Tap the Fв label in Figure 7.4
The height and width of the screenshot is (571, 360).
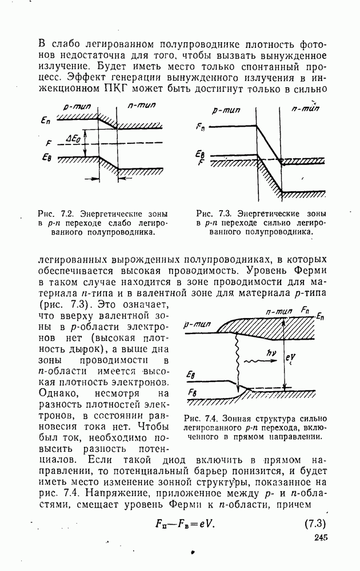click(x=193, y=392)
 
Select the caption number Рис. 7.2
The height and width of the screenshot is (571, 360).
click(x=55, y=213)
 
